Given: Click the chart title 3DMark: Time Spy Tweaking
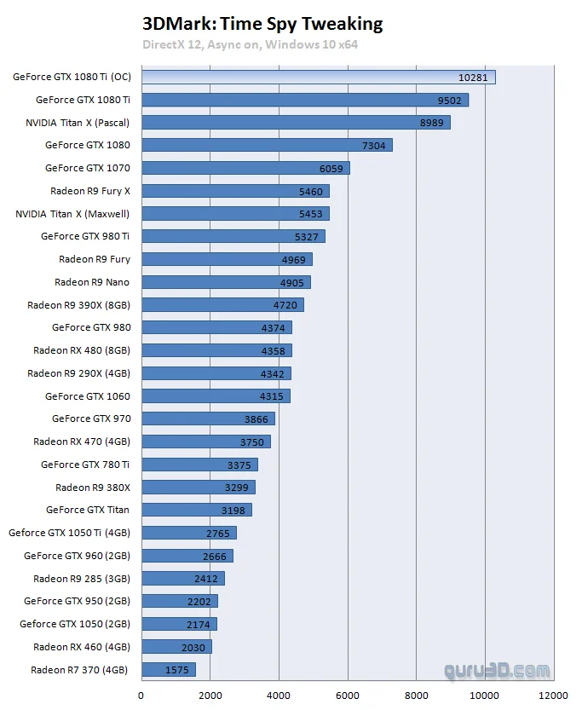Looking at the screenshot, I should (x=262, y=24).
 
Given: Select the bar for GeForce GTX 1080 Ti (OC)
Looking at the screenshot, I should (x=318, y=78).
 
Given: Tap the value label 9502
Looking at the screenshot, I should (x=447, y=100).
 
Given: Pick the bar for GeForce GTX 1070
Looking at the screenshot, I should (x=245, y=168).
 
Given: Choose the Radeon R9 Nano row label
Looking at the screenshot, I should (x=92, y=282).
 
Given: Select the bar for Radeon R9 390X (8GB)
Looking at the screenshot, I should (x=222, y=304).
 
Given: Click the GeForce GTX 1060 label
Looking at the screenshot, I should (x=88, y=395).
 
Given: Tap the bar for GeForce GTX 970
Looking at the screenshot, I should (x=208, y=418).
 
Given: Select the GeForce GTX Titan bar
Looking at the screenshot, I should (x=197, y=510).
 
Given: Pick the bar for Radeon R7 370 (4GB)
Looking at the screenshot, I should (x=169, y=669).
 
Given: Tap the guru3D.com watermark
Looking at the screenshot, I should (x=497, y=670).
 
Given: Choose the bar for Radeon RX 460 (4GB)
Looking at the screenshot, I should (x=176, y=646).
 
